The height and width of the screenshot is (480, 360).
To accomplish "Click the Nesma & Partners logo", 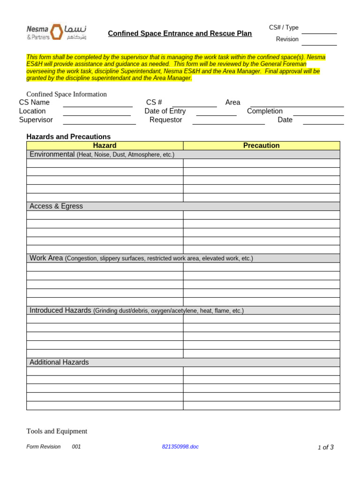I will click(x=56, y=32).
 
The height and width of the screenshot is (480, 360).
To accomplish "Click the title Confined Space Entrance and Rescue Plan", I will click(x=180, y=34).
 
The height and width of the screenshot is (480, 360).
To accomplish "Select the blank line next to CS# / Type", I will click(x=319, y=31).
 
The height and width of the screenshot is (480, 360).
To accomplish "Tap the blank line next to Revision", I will click(x=319, y=43).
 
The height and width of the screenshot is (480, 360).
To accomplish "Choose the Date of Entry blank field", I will click(x=216, y=113).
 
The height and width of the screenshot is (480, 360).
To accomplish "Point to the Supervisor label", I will click(x=36, y=120).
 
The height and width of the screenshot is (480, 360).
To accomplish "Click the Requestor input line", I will click(x=228, y=122).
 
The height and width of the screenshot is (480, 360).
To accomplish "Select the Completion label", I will click(x=265, y=111).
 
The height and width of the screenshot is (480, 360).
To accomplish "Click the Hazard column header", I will click(x=105, y=146).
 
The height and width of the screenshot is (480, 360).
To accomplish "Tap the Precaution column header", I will click(x=261, y=146).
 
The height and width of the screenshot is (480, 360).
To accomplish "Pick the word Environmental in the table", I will click(x=52, y=154).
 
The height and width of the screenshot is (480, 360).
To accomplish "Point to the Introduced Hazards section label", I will click(x=60, y=310).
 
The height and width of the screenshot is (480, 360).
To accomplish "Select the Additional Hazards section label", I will click(x=59, y=362).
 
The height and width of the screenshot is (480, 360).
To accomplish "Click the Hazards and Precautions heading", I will click(x=68, y=137).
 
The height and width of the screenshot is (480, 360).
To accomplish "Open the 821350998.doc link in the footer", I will click(x=180, y=447).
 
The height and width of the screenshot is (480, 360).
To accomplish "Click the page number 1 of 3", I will click(x=325, y=447).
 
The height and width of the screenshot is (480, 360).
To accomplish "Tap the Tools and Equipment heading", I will click(x=57, y=431).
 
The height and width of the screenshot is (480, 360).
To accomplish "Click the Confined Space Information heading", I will click(x=67, y=94).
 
